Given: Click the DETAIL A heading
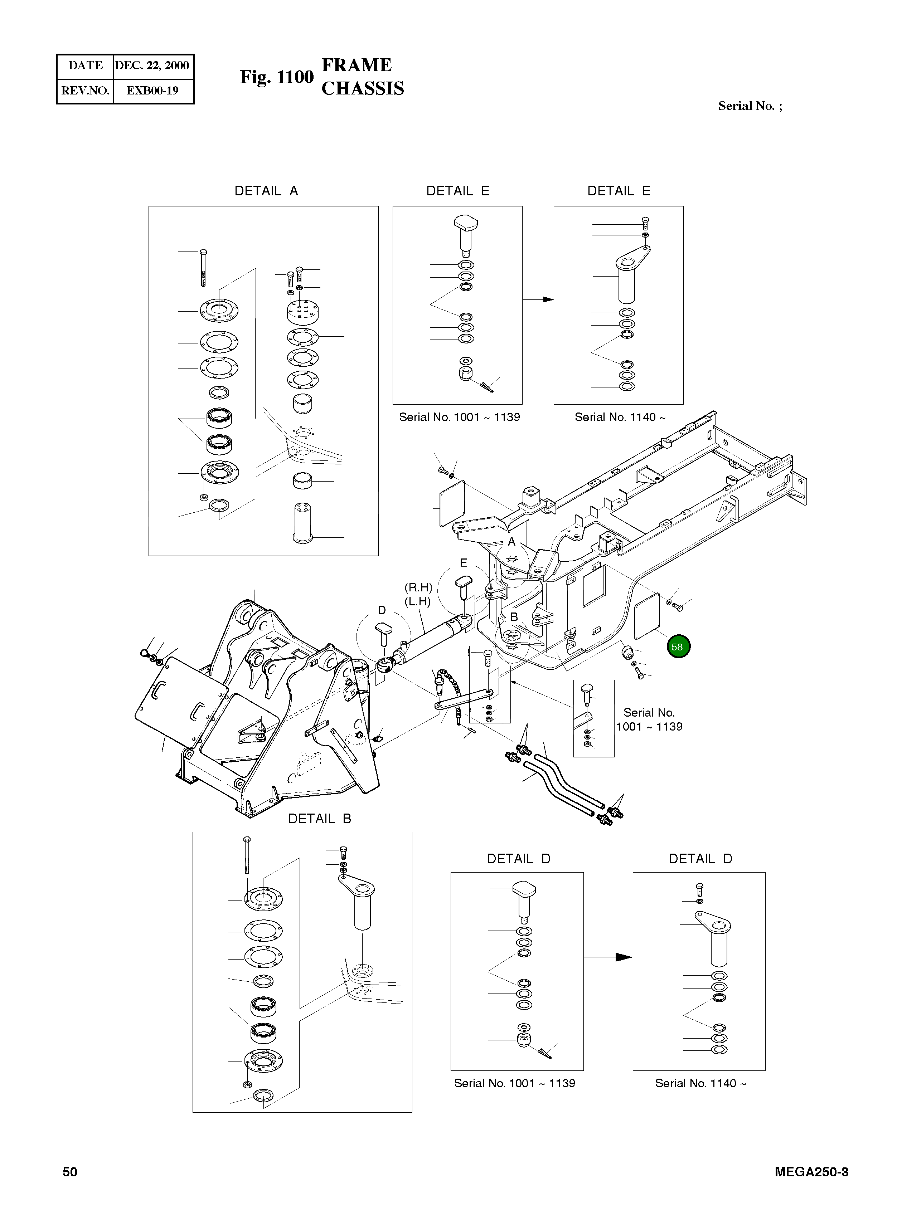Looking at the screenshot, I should click(x=266, y=191).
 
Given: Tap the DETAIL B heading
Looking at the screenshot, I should click(x=319, y=819).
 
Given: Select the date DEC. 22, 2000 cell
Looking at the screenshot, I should click(x=152, y=65).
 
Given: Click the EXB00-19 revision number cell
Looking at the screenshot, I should click(x=152, y=91).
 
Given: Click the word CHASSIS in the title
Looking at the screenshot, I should click(x=363, y=88).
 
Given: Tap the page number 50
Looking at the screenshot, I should click(x=70, y=1172).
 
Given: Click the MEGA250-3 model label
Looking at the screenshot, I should click(x=811, y=1172).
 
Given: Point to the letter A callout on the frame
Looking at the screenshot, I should click(x=511, y=542).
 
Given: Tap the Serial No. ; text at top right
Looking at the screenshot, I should click(x=750, y=106).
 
